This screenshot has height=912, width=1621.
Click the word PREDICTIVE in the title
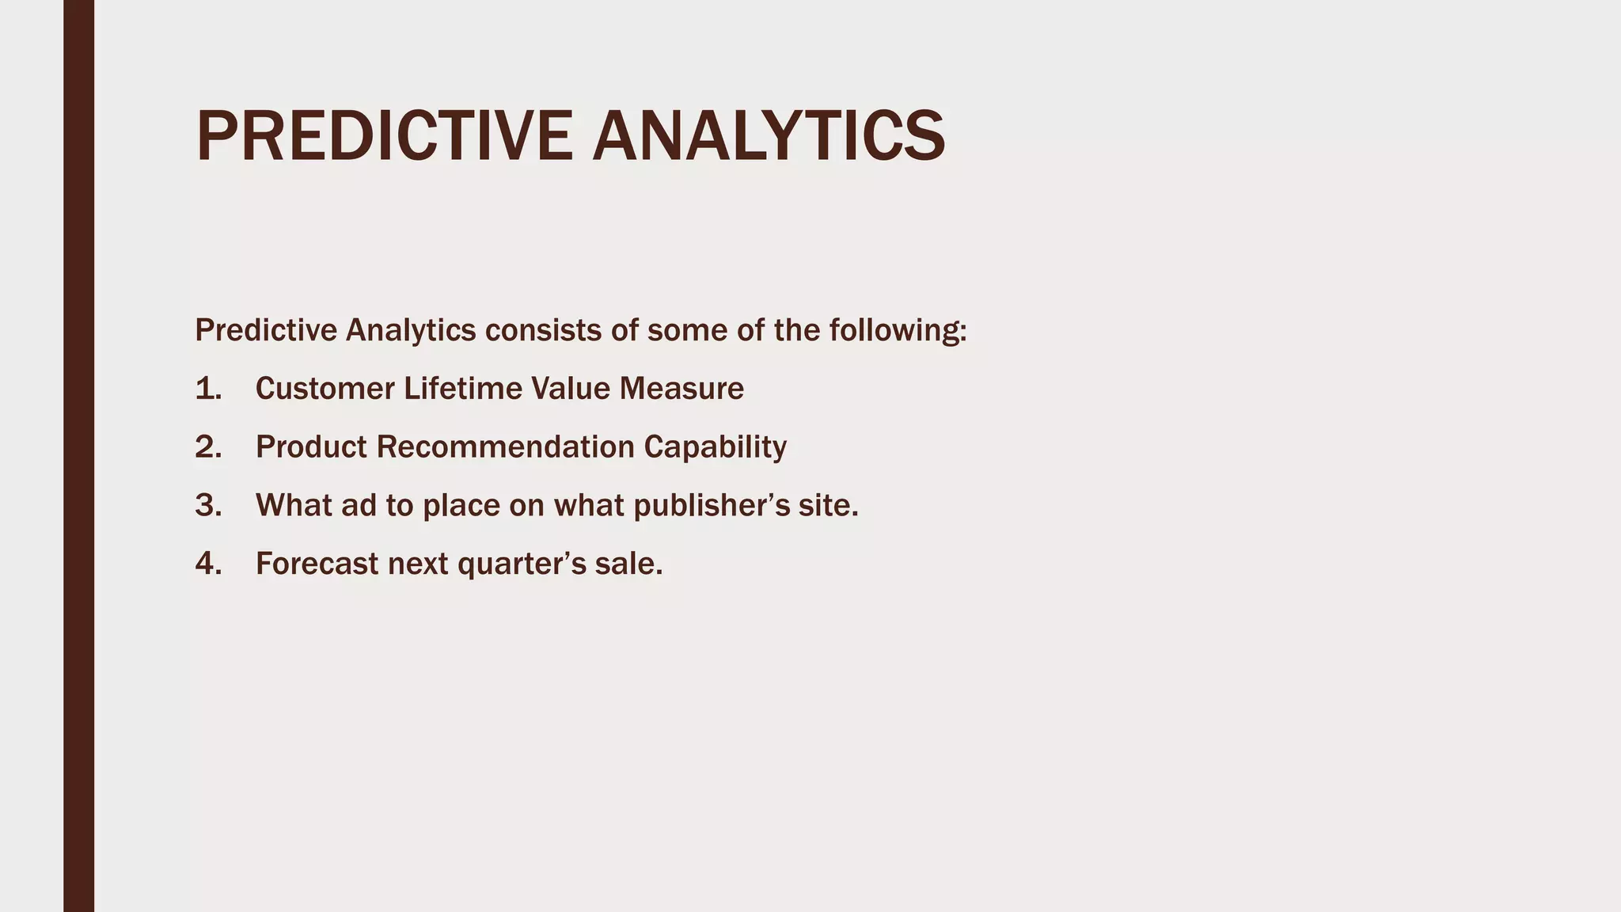click(384, 136)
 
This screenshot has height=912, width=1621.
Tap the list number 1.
click(208, 389)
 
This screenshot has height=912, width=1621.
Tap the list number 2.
click(208, 447)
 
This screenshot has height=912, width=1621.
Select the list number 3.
click(208, 506)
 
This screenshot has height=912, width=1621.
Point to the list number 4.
click(208, 564)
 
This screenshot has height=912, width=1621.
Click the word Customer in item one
click(325, 389)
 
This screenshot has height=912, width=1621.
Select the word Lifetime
click(463, 389)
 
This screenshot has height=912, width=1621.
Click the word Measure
click(681, 389)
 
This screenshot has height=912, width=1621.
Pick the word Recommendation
click(505, 447)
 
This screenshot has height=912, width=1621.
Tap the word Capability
click(715, 447)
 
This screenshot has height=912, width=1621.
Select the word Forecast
click(317, 564)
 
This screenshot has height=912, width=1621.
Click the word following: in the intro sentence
click(898, 330)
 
